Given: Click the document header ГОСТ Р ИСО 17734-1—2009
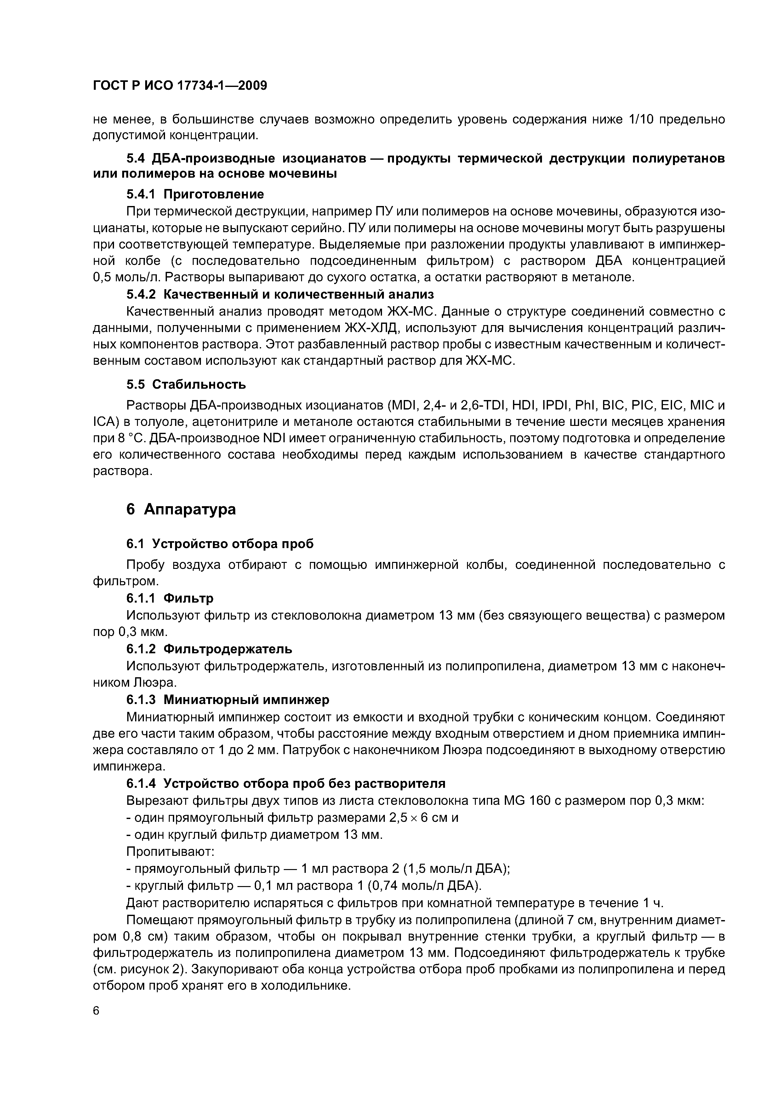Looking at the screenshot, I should pyautogui.click(x=180, y=86).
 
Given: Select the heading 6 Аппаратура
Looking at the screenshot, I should pyautogui.click(x=181, y=509).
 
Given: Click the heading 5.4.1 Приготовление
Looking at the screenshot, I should pyautogui.click(x=195, y=194).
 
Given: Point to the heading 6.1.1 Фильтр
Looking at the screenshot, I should pyautogui.click(x=169, y=598).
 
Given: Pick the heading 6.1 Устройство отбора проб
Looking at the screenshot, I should pyautogui.click(x=219, y=543).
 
